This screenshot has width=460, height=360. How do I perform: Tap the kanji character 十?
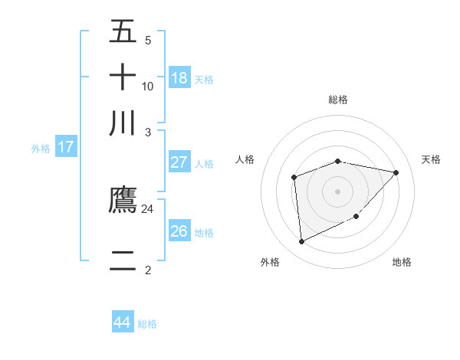(123, 77)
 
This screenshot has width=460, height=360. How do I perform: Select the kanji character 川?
(123, 123)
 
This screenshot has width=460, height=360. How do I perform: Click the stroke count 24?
(148, 208)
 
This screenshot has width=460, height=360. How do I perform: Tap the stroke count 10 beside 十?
(148, 86)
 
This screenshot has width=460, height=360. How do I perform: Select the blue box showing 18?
(179, 77)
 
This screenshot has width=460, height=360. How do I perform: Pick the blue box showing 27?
(179, 162)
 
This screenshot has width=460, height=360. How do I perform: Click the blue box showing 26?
(179, 231)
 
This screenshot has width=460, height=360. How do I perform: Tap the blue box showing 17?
(65, 147)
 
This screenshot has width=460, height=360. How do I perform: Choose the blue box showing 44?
(122, 322)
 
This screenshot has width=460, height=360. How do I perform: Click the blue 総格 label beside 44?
(147, 324)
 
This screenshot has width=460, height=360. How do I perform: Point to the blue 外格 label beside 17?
(41, 149)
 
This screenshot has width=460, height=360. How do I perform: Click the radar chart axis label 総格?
(338, 100)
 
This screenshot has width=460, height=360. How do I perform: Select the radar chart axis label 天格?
(432, 159)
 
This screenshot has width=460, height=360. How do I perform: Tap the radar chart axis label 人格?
(245, 159)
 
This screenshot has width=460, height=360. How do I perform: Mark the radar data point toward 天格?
(396, 172)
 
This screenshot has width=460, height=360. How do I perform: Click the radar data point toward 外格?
(301, 242)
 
